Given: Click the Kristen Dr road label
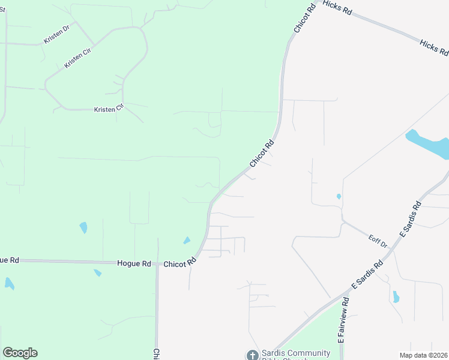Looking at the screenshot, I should (x=56, y=34).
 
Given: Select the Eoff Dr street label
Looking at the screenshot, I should (x=378, y=241).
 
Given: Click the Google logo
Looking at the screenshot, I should (x=20, y=353).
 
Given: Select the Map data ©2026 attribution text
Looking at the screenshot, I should (x=427, y=355).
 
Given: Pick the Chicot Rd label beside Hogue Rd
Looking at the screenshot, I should (x=180, y=263).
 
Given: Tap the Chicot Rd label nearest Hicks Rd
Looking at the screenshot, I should (x=304, y=20).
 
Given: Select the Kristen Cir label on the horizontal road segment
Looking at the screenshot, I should (x=108, y=109).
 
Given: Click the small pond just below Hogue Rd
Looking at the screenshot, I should (x=97, y=273).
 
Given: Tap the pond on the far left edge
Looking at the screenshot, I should (x=9, y=283).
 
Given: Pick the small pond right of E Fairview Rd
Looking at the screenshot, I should (x=396, y=297).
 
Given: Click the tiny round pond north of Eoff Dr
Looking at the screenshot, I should (x=339, y=196).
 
